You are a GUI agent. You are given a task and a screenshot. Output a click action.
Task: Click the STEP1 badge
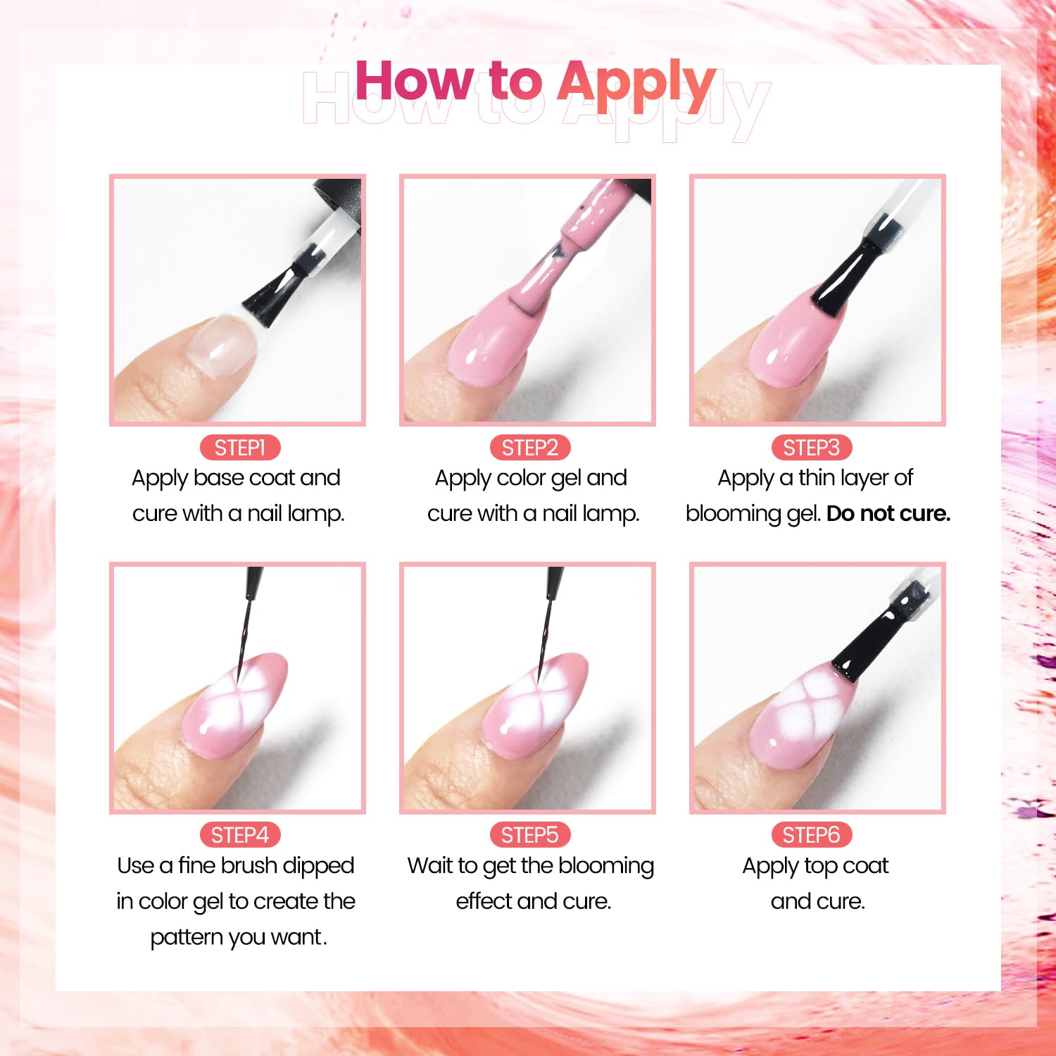(239, 448)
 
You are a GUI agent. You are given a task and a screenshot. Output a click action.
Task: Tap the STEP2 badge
(529, 448)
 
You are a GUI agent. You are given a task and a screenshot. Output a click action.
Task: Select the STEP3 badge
(811, 448)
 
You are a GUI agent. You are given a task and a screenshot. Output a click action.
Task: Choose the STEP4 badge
(239, 835)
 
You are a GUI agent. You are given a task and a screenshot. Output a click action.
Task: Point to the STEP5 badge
(529, 835)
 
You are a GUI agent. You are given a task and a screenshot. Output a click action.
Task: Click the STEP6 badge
(811, 835)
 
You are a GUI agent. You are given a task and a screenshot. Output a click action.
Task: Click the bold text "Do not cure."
(888, 514)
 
